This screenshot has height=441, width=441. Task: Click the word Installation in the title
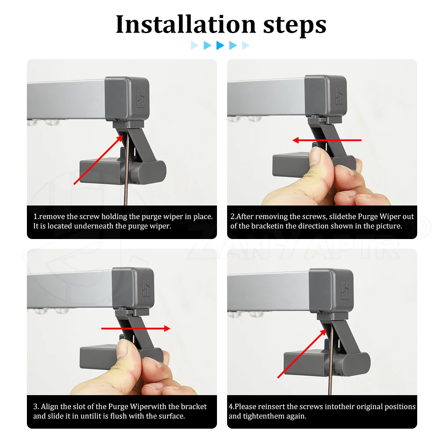186,24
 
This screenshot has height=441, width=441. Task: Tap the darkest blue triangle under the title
220,45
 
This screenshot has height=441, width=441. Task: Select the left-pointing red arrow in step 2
327,140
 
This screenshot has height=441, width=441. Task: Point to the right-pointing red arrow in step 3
135,328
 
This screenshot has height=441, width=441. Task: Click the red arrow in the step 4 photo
302,354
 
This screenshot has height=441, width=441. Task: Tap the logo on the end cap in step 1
141,99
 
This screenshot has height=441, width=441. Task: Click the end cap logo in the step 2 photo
339,96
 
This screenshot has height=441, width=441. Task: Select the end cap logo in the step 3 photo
146,288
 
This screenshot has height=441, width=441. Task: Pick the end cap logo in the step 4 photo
345,291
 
